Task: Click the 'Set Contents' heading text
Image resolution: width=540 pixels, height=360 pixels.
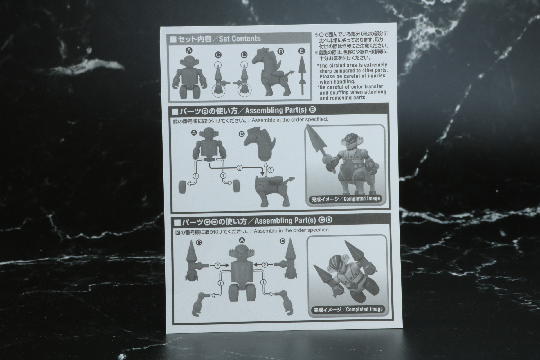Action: tap(240, 39)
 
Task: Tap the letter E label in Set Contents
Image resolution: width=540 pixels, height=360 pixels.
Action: tap(302, 51)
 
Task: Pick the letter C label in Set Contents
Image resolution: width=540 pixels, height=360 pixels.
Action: tap(218, 55)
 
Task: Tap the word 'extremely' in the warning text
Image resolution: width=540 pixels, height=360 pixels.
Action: tap(373, 65)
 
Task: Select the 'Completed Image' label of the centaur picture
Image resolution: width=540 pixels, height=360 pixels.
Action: tap(362, 199)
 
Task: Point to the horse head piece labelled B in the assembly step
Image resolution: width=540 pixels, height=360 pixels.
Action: tap(259, 144)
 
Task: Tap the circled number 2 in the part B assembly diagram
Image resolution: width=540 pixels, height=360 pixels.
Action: tap(239, 168)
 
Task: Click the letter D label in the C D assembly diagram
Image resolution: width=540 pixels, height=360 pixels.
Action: tap(282, 241)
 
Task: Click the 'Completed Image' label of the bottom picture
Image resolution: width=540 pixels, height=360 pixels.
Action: tap(364, 309)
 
